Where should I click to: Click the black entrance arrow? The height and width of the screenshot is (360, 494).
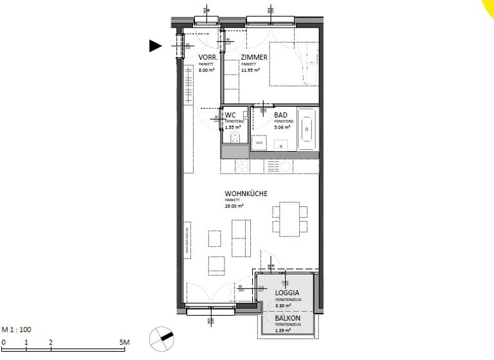click(x=155, y=46)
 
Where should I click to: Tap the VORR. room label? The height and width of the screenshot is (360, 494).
click(x=208, y=57)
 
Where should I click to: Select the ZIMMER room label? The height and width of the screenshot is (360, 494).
click(x=254, y=57)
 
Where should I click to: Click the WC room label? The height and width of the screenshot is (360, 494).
click(x=230, y=114)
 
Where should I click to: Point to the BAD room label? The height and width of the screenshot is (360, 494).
click(x=280, y=114)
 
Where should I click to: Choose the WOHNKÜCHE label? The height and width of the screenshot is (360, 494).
click(x=246, y=194)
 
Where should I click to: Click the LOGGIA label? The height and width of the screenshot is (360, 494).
click(x=288, y=293)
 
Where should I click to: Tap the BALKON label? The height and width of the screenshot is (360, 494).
click(x=287, y=318)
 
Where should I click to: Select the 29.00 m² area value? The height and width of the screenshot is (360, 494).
click(x=234, y=206)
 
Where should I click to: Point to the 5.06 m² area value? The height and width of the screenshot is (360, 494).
click(x=282, y=127)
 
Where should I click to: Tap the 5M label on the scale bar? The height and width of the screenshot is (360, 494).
click(x=124, y=341)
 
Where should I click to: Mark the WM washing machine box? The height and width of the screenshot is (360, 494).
click(x=259, y=143)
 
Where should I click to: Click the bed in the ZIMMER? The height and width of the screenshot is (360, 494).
click(x=293, y=64)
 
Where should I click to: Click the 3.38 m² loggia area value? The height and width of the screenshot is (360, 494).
click(x=283, y=306)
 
